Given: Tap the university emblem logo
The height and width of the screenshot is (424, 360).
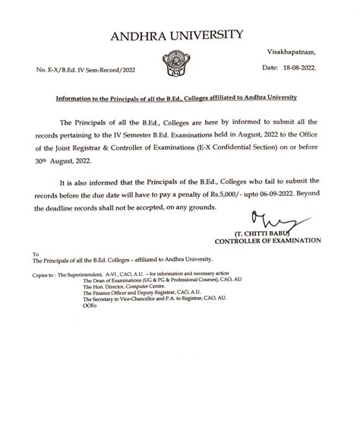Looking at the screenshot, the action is click(180, 59).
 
